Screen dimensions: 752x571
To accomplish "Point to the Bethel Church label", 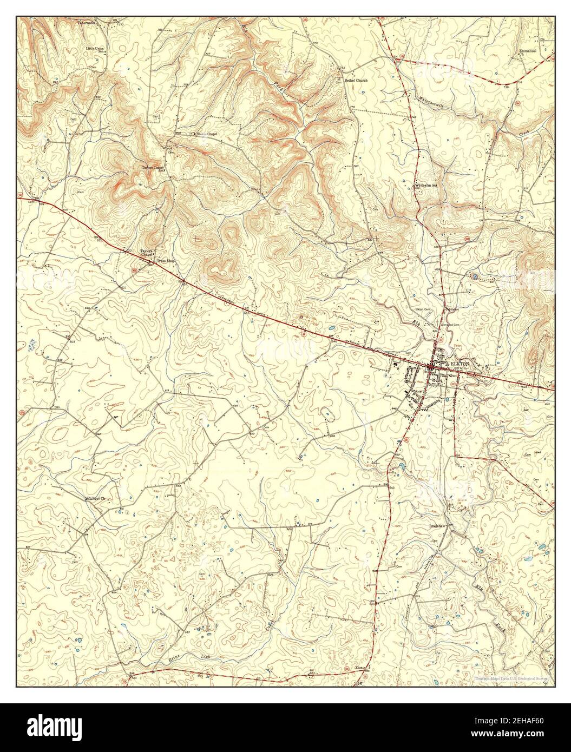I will click(x=356, y=80).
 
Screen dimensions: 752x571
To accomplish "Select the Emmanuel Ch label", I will click(x=524, y=53).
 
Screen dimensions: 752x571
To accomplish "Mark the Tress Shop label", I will click(x=166, y=261).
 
